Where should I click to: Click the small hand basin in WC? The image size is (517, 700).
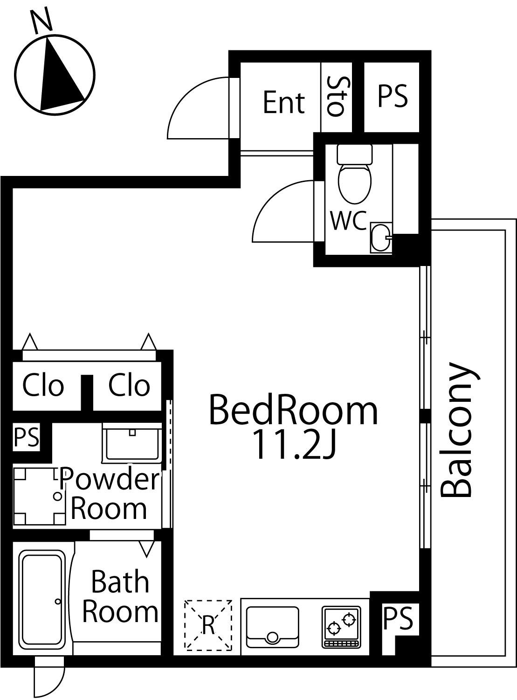(x=381, y=238)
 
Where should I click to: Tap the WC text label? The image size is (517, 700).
(x=349, y=220)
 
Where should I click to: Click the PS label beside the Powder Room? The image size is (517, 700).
(x=27, y=437)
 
